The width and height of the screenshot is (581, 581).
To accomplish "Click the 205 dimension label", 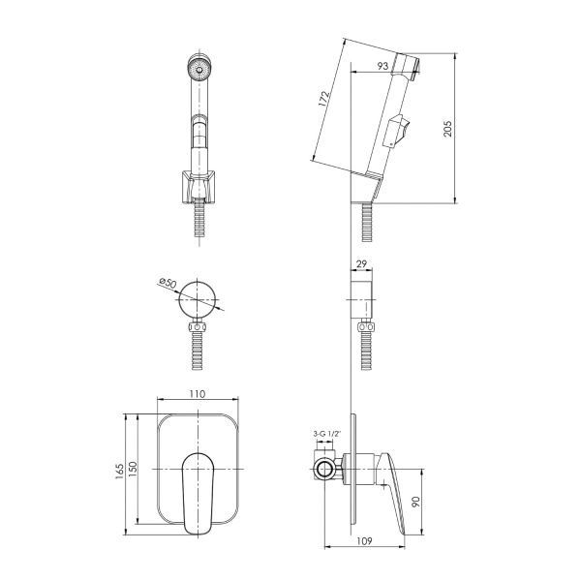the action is click(x=447, y=128).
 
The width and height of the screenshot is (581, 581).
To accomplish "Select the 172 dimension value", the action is click(x=323, y=99).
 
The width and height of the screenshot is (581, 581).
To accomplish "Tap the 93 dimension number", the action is click(x=382, y=66).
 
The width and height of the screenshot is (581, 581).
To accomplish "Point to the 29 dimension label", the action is click(x=361, y=263).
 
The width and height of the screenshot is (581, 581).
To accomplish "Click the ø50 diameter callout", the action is click(x=168, y=283).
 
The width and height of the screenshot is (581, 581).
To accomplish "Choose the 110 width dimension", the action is click(x=198, y=394).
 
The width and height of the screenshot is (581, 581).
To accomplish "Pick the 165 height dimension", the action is click(x=119, y=472).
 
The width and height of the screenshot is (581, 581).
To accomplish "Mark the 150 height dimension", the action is click(x=133, y=469).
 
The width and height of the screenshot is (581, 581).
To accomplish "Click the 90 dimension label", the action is click(x=415, y=502).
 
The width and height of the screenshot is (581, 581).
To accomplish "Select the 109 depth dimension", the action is click(x=364, y=541).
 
